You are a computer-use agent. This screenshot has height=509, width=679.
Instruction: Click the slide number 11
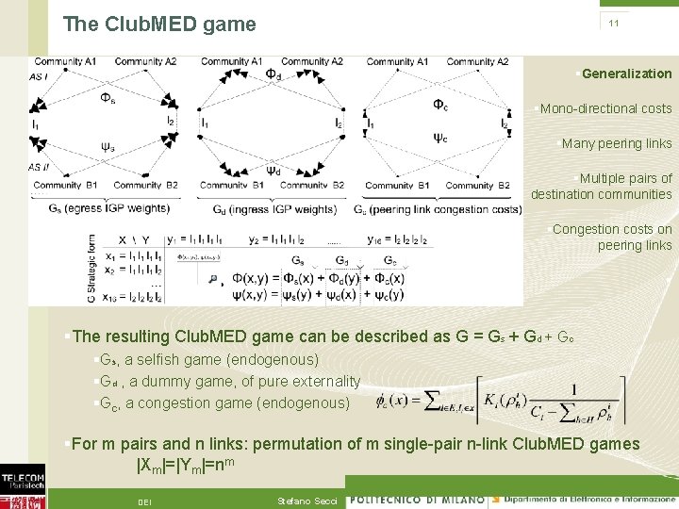(613, 23)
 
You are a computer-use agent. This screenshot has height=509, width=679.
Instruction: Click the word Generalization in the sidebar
(627, 74)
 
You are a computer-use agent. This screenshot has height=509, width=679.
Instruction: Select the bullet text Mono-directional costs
(605, 108)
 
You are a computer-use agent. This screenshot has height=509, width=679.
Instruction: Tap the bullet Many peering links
(617, 143)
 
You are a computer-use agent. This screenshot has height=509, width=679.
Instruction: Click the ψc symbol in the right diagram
(440, 138)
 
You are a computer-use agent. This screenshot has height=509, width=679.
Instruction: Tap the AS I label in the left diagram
(41, 75)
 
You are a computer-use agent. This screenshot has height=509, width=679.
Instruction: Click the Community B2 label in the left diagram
(146, 185)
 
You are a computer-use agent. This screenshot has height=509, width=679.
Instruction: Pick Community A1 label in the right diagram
(397, 61)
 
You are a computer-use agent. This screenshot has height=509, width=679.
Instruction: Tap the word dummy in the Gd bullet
(170, 382)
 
